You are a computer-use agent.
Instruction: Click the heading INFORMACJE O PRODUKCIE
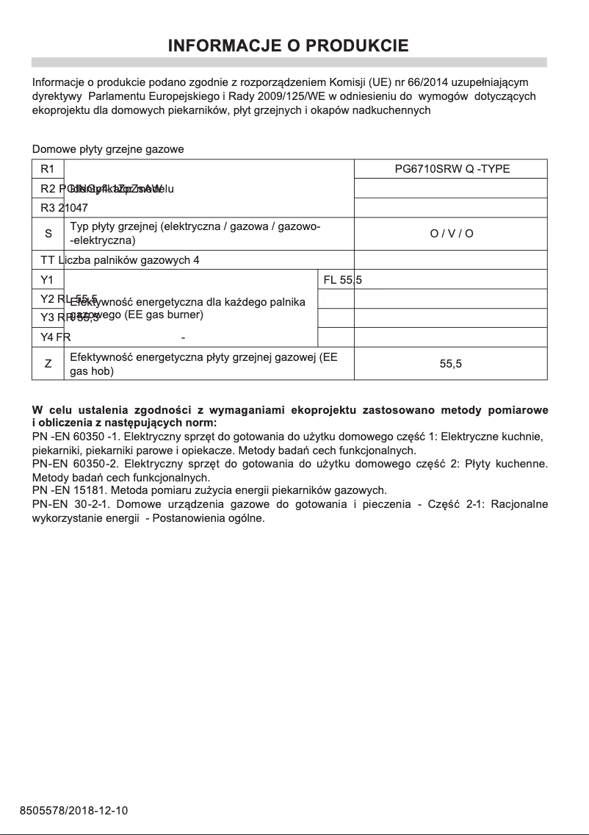(289, 46)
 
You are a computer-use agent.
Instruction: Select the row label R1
(48, 169)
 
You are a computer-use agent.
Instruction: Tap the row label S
(48, 234)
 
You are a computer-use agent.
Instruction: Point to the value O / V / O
(452, 234)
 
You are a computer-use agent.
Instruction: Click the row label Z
(48, 364)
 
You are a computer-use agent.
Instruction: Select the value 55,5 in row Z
(450, 364)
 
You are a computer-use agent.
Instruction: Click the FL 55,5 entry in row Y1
(342, 280)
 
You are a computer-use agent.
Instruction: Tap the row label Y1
(48, 280)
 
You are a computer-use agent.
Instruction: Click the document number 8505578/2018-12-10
(73, 811)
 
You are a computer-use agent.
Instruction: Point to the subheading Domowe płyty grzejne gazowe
(108, 149)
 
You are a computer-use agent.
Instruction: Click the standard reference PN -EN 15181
(69, 490)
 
